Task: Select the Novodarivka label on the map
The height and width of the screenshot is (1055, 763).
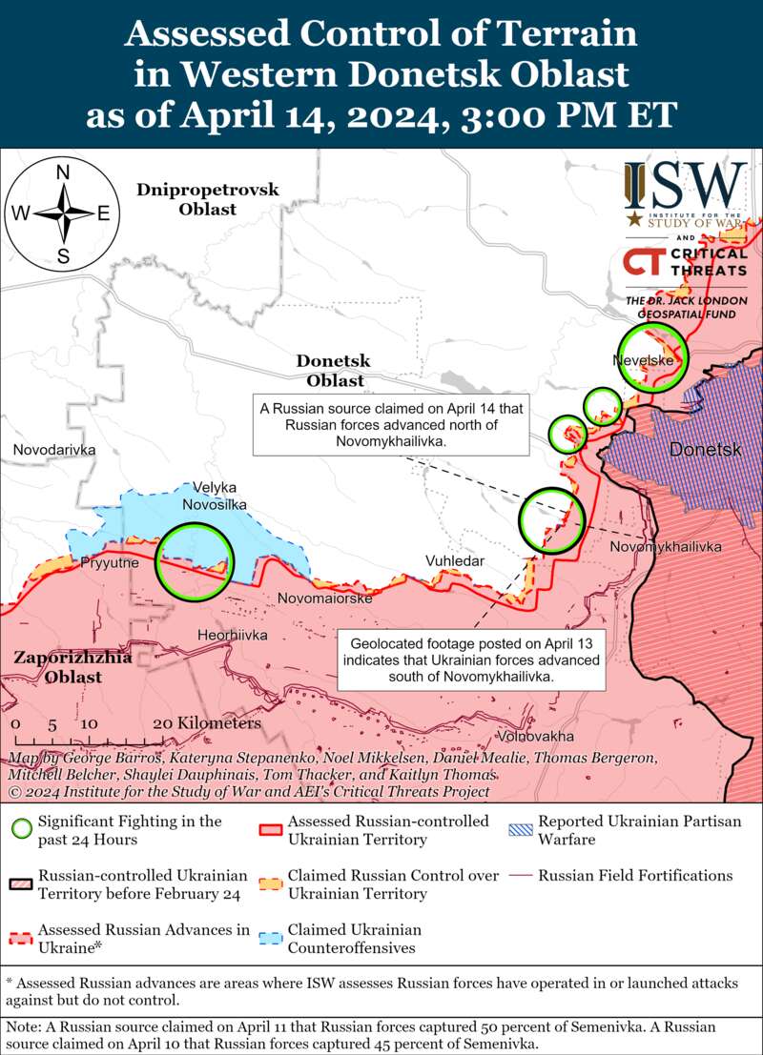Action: click(x=55, y=449)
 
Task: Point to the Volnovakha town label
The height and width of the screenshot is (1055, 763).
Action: click(x=536, y=737)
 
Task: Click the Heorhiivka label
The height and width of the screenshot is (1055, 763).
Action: click(x=232, y=635)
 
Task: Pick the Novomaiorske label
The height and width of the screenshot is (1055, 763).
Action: click(x=325, y=598)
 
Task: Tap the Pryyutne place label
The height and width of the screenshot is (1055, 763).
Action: click(x=110, y=563)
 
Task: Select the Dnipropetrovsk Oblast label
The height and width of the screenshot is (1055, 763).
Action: click(x=207, y=199)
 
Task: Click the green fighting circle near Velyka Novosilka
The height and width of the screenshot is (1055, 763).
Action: click(x=195, y=561)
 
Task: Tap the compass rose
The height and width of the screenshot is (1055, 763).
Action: click(x=63, y=213)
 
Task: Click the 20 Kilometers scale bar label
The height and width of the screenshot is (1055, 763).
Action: click(x=206, y=724)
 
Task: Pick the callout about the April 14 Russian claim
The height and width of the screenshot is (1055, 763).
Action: click(x=392, y=424)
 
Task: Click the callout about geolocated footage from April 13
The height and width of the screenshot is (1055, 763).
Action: click(x=473, y=659)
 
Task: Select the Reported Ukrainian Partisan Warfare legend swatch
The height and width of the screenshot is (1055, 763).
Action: click(x=520, y=829)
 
